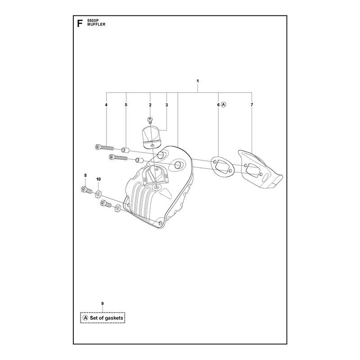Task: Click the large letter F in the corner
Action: pos(80,24)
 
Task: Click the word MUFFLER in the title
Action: pos(96,24)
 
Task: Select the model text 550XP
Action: pos(93,20)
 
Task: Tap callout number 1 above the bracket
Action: pos(198,81)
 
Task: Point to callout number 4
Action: pos(106,105)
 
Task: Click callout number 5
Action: pos(126,105)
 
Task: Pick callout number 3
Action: pos(166,105)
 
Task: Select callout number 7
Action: pos(252,105)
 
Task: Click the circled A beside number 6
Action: pos(224,105)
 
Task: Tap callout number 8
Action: pos(85,175)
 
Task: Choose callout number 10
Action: pos(99,179)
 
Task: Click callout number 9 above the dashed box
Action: pos(103,303)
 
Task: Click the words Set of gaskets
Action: pos(107,318)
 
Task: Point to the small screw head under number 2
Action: pos(150,119)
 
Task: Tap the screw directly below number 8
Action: pos(86,190)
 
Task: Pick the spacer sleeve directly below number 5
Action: pos(126,150)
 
